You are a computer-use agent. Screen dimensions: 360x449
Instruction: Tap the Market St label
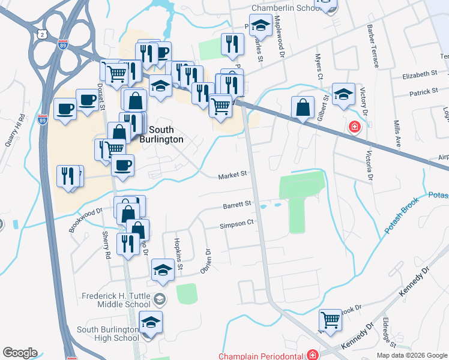click(x=232, y=175)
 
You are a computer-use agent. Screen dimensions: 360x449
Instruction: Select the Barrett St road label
click(x=237, y=205)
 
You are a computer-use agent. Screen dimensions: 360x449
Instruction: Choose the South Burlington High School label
click(x=108, y=334)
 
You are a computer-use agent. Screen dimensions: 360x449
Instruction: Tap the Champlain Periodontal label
click(x=261, y=356)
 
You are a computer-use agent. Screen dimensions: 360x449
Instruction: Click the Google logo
click(x=20, y=353)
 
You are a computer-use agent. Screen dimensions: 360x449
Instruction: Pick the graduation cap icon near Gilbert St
click(x=343, y=94)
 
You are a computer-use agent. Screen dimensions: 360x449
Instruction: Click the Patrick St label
click(x=424, y=92)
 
